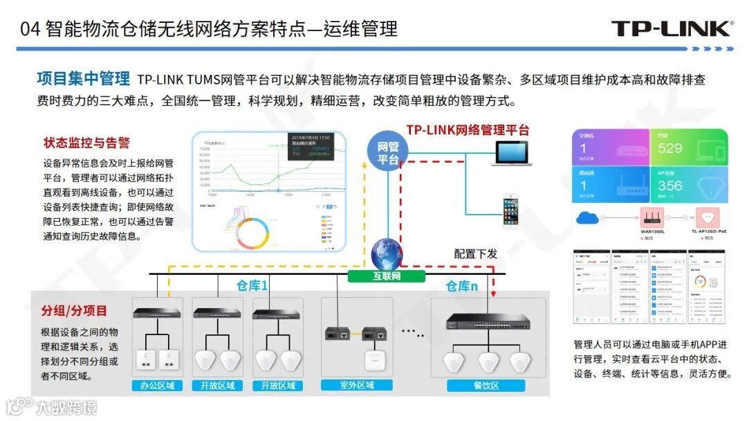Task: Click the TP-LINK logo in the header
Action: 671,28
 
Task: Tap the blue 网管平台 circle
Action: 387,152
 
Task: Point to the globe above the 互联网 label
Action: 386,254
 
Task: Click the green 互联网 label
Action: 387,276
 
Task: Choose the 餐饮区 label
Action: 482,386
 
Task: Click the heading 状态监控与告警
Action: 86,143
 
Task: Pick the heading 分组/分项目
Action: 74,310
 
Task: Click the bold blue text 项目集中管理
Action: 83,78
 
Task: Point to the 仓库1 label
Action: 252,285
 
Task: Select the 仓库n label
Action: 461,285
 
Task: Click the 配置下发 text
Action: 475,253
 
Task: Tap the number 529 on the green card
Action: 670,148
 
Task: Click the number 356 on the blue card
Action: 670,186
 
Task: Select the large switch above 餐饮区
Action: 488,321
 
